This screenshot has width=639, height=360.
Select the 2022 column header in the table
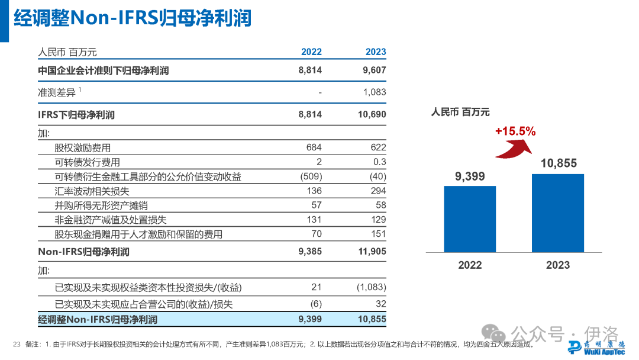pyautogui.click(x=311, y=52)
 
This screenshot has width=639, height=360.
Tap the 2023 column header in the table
pyautogui.click(x=376, y=52)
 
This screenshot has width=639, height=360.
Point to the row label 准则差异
pyautogui.click(x=57, y=92)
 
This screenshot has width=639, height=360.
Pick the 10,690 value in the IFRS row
pyautogui.click(x=372, y=114)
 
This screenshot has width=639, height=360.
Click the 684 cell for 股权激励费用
pyautogui.click(x=314, y=147)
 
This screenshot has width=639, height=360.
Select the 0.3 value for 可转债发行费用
pyautogui.click(x=380, y=162)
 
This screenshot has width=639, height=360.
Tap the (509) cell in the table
pyautogui.click(x=311, y=176)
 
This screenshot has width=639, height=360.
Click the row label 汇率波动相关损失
pyautogui.click(x=92, y=191)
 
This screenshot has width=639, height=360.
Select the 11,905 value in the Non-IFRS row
pyautogui.click(x=372, y=252)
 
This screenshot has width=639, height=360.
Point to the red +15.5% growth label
pyautogui.click(x=515, y=131)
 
